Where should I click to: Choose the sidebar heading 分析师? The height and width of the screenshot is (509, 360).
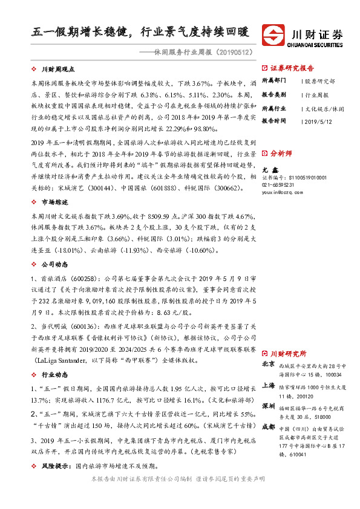coord(281,154)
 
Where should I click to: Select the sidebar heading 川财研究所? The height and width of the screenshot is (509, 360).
coord(287,353)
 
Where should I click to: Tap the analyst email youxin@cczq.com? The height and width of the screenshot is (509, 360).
coord(280,192)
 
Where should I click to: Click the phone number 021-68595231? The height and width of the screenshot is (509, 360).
coord(280,184)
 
